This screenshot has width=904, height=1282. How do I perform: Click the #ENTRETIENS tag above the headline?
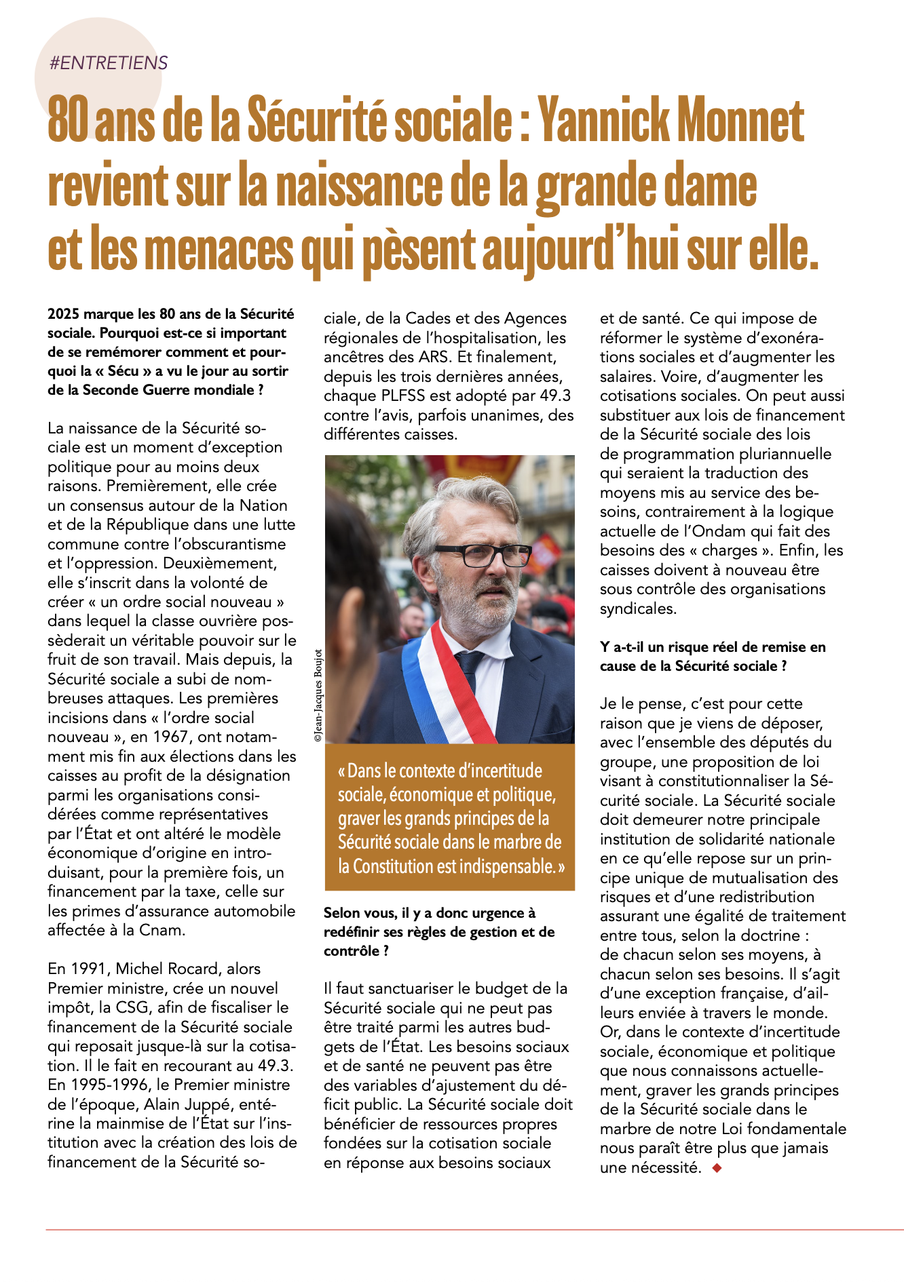[109, 63]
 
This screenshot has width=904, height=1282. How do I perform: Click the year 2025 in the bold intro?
[62, 314]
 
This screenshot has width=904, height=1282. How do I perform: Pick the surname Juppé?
[216, 1104]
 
